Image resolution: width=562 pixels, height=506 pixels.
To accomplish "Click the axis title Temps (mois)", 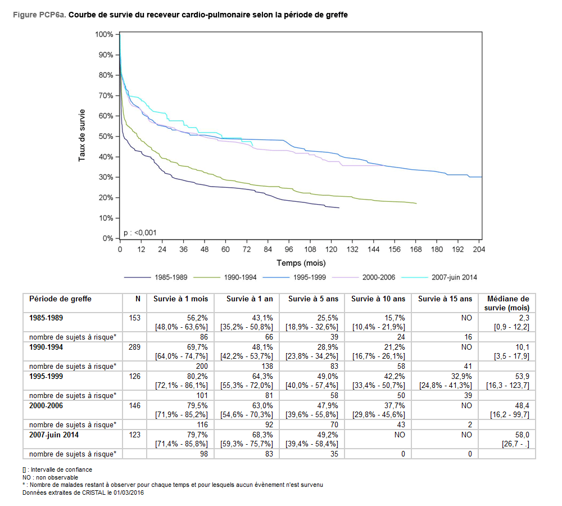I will tap(301, 263).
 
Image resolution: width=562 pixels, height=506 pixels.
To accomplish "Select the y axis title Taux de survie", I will tap(82, 135).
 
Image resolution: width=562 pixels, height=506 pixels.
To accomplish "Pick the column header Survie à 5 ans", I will tap(312, 299).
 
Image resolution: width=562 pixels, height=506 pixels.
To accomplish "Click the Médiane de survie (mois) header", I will tap(508, 303).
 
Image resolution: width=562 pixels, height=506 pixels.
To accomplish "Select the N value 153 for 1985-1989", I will tap(134, 318).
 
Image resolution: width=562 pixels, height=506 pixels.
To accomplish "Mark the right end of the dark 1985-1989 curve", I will tap(339, 208).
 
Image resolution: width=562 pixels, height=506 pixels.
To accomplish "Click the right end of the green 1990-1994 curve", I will tap(416, 204).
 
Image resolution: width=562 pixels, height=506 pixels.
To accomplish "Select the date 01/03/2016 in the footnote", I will tap(128, 493).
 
